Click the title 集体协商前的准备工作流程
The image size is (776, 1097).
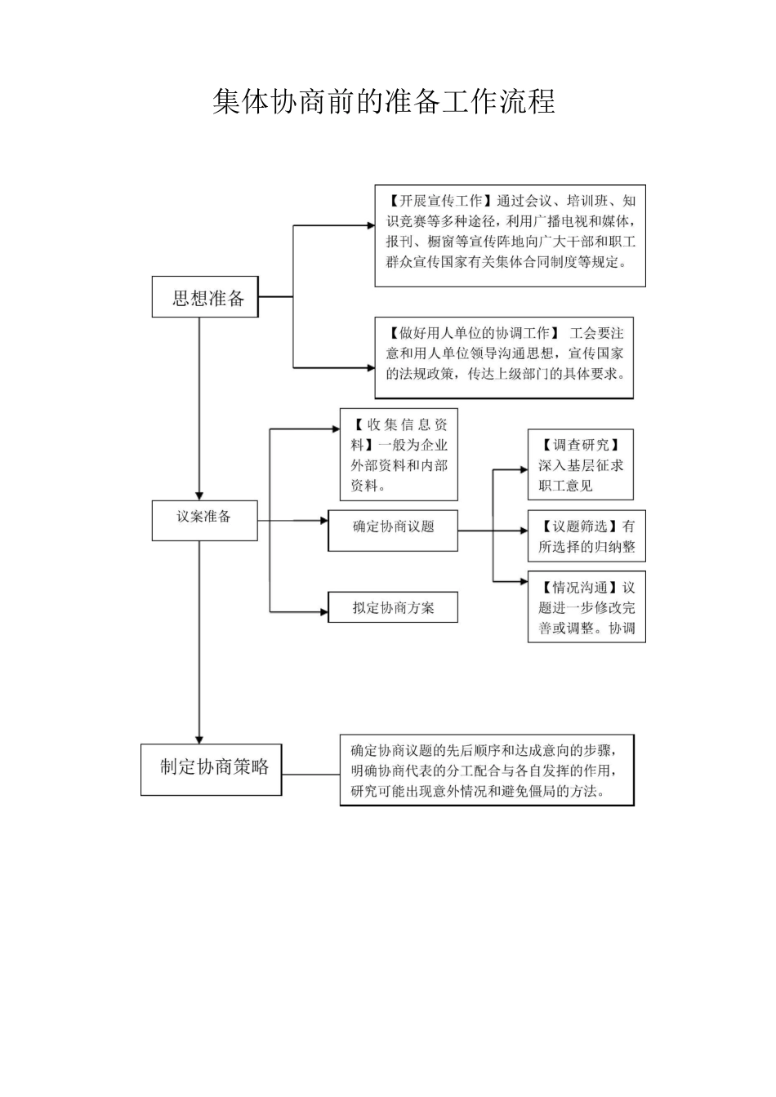click(384, 102)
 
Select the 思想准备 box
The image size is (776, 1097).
click(204, 297)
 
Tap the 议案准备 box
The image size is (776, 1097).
click(204, 520)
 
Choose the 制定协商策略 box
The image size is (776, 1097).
click(211, 769)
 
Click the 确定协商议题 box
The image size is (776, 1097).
click(393, 530)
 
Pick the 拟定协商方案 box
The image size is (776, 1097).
click(393, 607)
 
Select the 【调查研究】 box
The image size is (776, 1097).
click(580, 464)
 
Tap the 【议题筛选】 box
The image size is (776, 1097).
click(586, 537)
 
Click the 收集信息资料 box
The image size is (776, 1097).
click(399, 455)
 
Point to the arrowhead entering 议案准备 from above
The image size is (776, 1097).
click(199, 495)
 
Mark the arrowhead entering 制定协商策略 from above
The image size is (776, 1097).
click(199, 738)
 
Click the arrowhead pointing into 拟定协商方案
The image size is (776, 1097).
click(323, 611)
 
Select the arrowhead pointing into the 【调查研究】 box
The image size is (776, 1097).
click(523, 469)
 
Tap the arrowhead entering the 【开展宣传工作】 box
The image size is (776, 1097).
click(369, 225)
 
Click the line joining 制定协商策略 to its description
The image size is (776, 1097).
click(310, 774)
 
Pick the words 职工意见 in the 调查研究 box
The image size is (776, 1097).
click(565, 486)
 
